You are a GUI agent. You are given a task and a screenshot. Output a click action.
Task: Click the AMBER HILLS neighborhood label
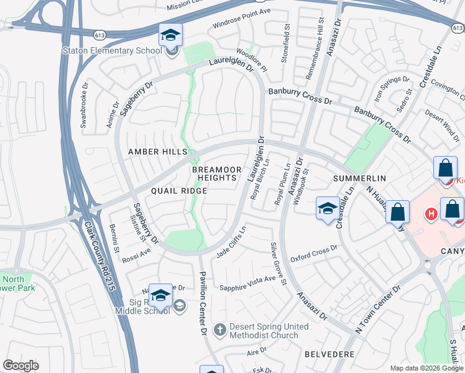pos(157,152)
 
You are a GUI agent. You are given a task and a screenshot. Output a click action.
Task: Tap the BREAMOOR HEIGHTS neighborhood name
pos(214,173)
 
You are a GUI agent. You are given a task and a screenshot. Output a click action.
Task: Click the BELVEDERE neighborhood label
pos(329,354)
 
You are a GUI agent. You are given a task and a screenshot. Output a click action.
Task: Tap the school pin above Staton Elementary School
pos(170,36)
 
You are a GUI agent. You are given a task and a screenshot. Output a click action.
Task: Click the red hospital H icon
pos(430,214)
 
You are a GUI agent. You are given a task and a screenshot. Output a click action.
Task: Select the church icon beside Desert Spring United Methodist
pos(219,330)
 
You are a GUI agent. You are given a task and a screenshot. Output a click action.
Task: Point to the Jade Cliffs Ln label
pos(231,247)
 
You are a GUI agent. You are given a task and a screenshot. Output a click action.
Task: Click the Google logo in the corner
pos(21,366)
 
